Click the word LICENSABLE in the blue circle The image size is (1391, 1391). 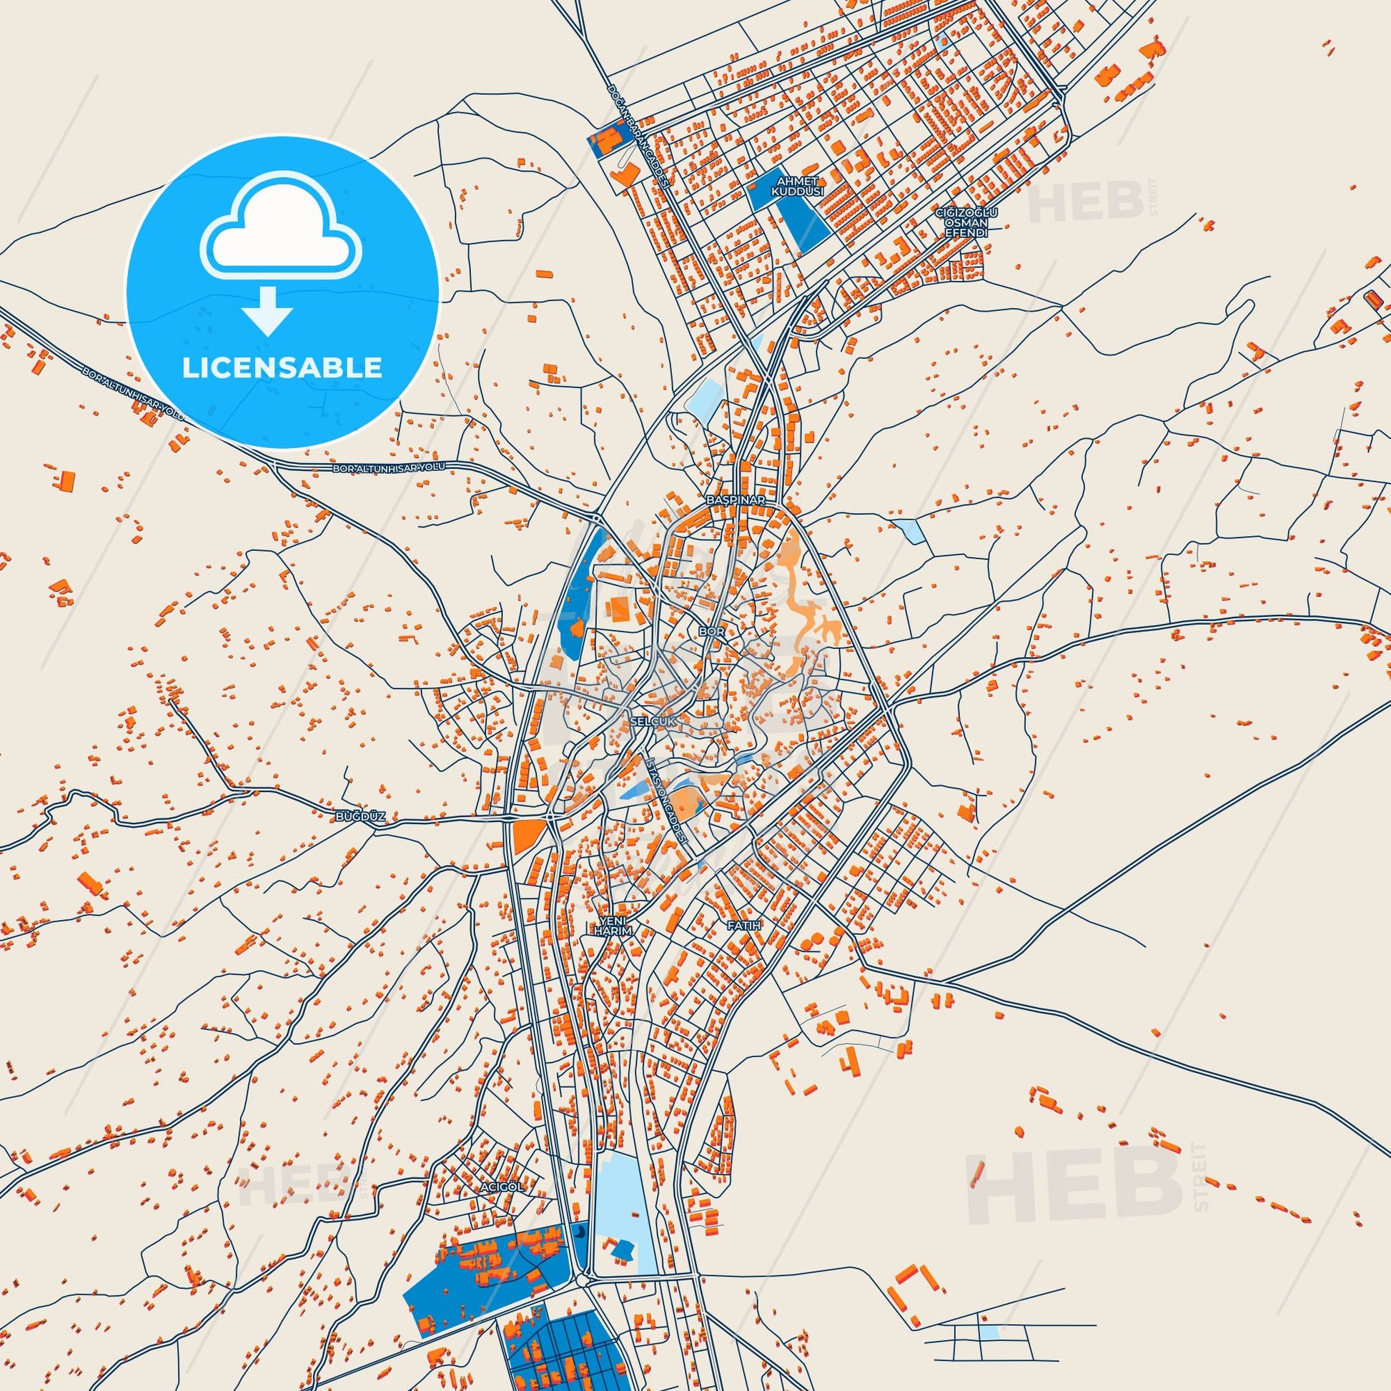[x=282, y=367]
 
